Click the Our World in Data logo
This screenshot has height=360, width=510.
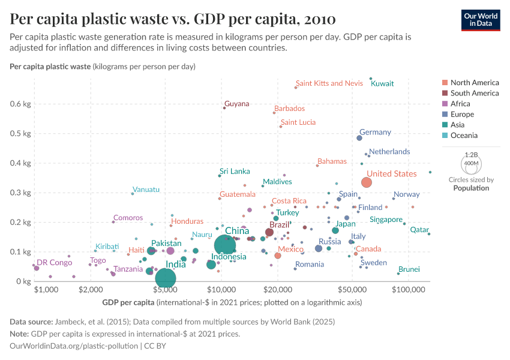click(x=481, y=19)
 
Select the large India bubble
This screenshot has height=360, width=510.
click(x=165, y=277)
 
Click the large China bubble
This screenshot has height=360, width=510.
click(x=225, y=245)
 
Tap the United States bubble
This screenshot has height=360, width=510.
click(x=367, y=182)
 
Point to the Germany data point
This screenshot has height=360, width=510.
click(x=359, y=138)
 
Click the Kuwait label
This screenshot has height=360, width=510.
click(x=382, y=83)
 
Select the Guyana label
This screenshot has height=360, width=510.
click(x=236, y=104)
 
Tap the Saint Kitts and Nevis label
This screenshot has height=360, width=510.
click(x=329, y=83)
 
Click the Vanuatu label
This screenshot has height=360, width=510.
click(x=146, y=190)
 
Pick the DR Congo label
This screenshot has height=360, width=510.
click(x=54, y=262)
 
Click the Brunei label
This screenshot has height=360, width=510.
click(x=409, y=269)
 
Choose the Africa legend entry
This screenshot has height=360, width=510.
click(x=461, y=104)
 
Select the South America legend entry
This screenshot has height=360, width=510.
click(x=474, y=93)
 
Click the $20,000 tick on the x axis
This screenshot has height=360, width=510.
click(x=277, y=289)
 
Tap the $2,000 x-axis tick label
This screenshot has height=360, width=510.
click(x=89, y=289)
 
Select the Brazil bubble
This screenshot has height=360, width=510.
click(x=269, y=232)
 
